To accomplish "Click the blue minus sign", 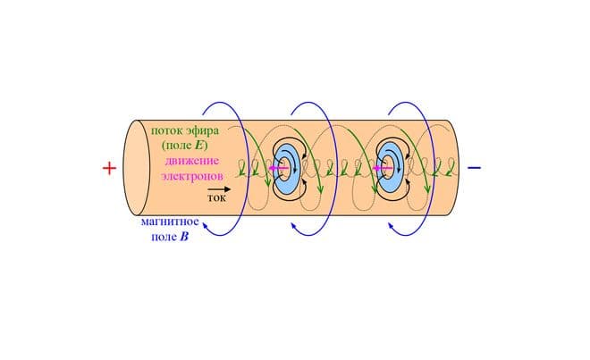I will [x=475, y=167].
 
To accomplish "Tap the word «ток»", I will [x=216, y=199].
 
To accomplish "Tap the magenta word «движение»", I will [x=193, y=160].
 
